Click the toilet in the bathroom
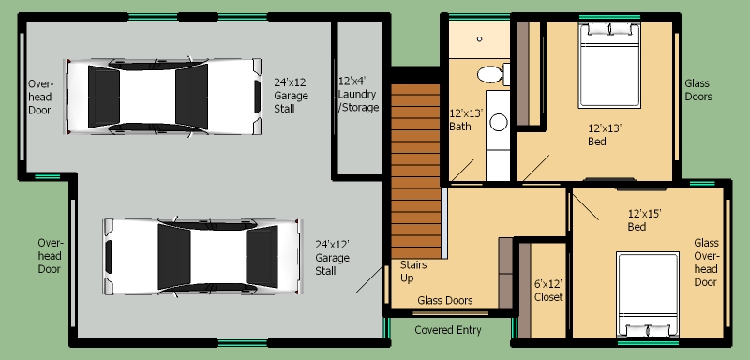[493, 75]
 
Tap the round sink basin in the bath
[499, 123]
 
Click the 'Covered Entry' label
[448, 330]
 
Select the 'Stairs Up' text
[413, 271]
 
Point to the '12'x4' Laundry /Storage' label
[358, 94]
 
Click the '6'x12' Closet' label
[548, 291]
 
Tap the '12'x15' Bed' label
[644, 220]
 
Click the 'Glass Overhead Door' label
[706, 262]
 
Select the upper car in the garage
[162, 97]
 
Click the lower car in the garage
[202, 257]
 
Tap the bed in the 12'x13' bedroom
[608, 65]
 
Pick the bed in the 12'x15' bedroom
[648, 294]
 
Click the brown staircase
[415, 172]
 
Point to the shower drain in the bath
[479, 39]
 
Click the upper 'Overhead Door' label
[40, 97]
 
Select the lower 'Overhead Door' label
[51, 256]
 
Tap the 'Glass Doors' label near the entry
[444, 300]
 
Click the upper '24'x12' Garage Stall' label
[291, 95]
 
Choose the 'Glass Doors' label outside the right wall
[697, 90]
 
